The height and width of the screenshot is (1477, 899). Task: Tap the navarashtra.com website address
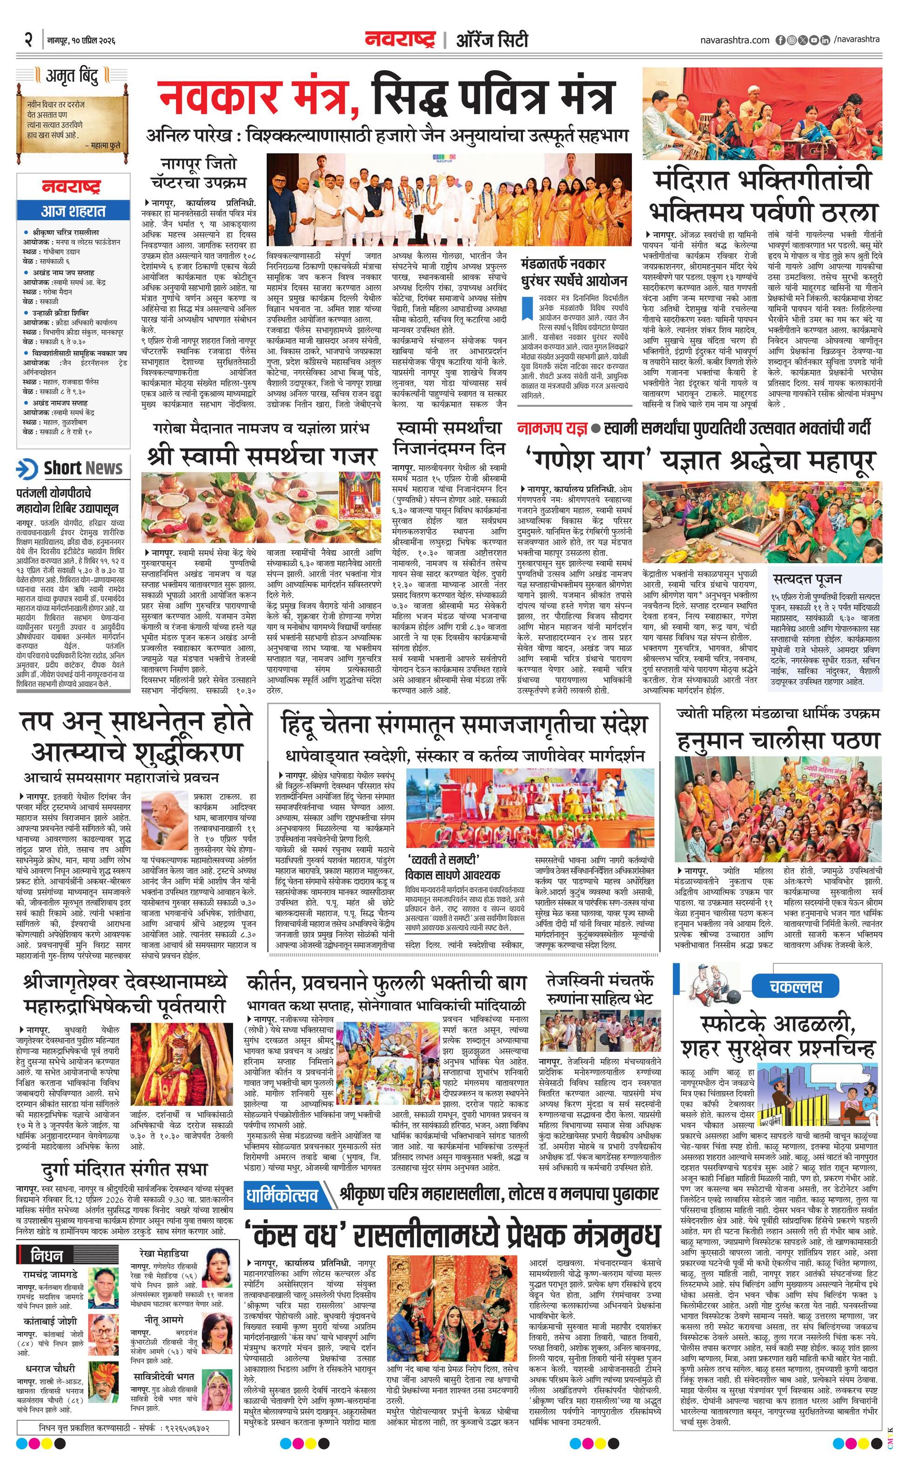pyautogui.click(x=734, y=40)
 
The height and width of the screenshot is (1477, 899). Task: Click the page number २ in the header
pyautogui.click(x=27, y=40)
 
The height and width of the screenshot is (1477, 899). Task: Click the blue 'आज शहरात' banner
pyautogui.click(x=73, y=211)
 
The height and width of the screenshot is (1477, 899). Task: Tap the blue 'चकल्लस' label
pyautogui.click(x=795, y=986)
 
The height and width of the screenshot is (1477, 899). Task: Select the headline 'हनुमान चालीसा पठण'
pyautogui.click(x=778, y=741)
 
